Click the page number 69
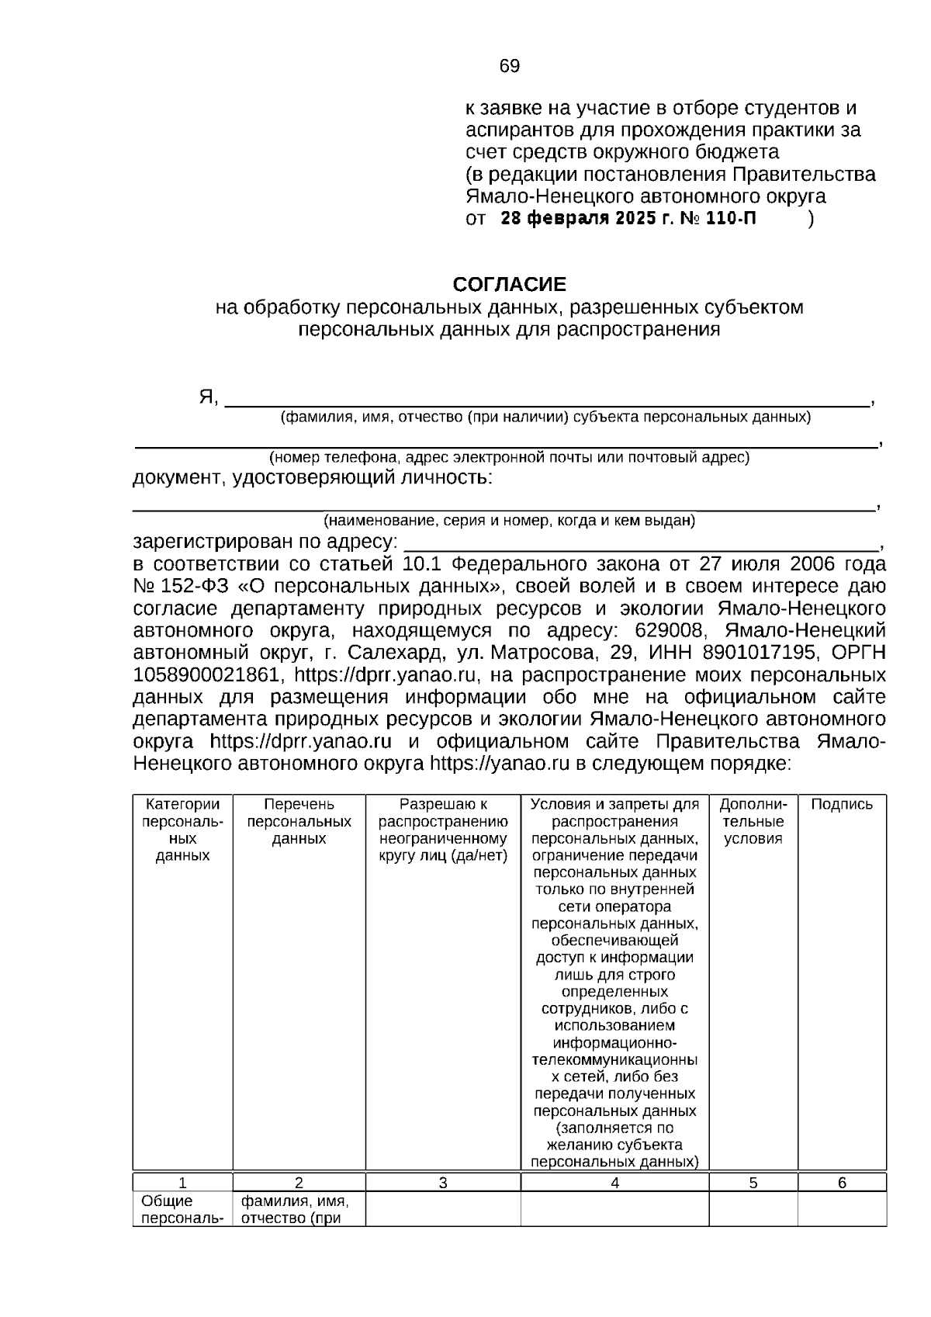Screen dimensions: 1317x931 [509, 67]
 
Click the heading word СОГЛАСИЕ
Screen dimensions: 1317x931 [509, 285]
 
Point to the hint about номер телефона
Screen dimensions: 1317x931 [509, 458]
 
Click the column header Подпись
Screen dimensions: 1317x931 [842, 805]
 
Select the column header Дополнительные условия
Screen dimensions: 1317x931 [753, 822]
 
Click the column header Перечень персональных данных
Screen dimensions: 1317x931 [299, 822]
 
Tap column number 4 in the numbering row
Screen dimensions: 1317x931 [614, 1184]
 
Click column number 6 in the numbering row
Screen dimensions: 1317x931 [842, 1184]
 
